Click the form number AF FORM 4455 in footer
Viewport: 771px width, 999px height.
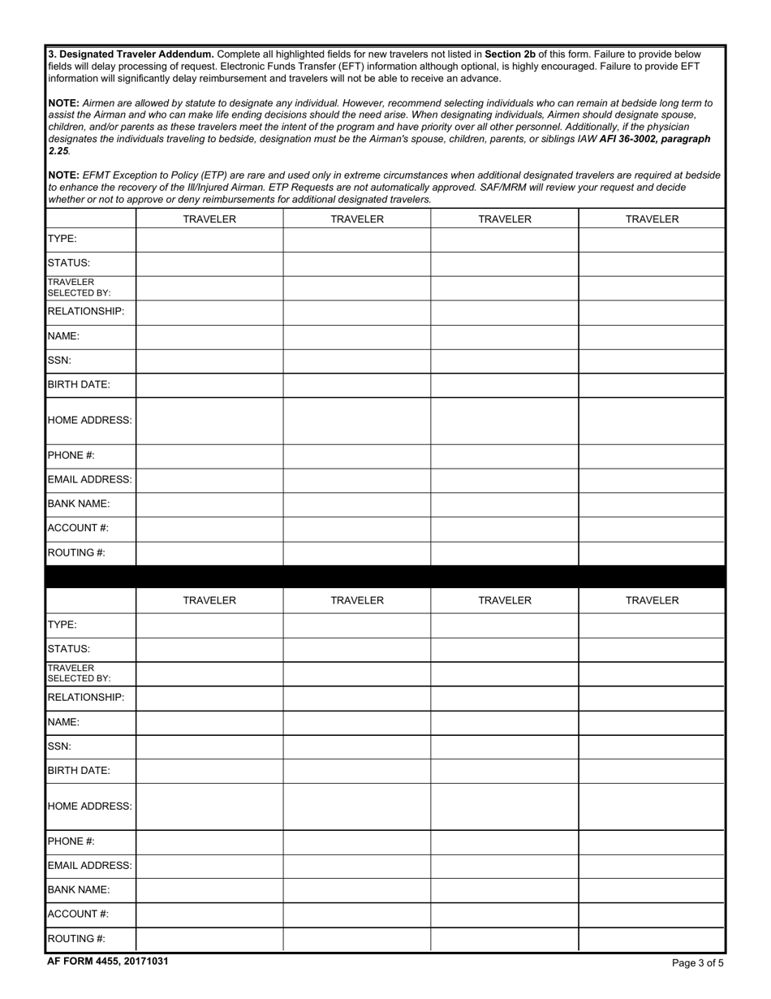tap(107, 961)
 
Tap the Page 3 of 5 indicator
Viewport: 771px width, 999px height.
tap(697, 963)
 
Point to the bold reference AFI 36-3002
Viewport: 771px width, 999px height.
tap(633, 139)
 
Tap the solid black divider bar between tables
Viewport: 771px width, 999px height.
tap(385, 577)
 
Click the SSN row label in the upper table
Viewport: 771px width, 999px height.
tap(59, 360)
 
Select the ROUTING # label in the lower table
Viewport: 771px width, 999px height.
tap(76, 938)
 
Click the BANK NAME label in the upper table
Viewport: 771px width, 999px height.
tap(79, 504)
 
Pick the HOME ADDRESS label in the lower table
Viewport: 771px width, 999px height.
tap(89, 806)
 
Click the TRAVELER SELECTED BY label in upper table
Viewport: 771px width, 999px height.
tap(79, 288)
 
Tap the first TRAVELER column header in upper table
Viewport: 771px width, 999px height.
tap(209, 219)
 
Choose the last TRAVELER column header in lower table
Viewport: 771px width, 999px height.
tap(652, 600)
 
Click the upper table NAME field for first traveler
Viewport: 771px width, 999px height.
tap(209, 336)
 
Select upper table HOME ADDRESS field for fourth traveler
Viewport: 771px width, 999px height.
tap(652, 421)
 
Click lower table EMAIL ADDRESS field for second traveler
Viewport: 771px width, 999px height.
tap(357, 866)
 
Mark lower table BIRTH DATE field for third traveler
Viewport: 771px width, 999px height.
tap(504, 771)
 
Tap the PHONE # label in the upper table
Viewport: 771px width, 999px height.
tap(71, 456)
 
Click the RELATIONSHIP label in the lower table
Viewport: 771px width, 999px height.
tap(86, 698)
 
